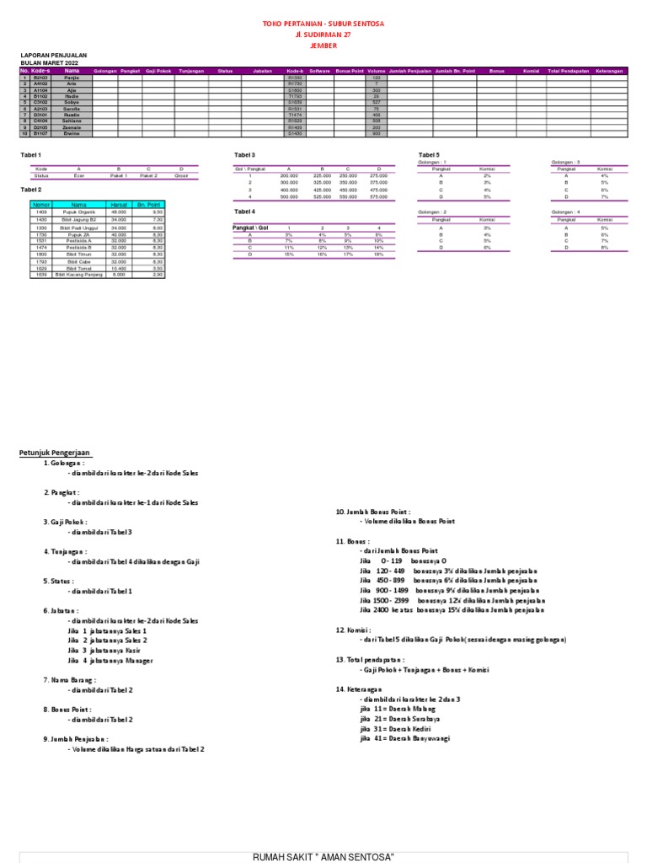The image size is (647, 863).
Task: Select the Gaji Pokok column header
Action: point(158,71)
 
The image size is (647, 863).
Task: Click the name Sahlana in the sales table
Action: point(72,121)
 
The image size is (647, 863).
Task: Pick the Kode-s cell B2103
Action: point(40,77)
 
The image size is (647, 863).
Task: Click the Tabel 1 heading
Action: point(30,156)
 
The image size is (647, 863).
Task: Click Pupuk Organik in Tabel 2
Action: point(78,212)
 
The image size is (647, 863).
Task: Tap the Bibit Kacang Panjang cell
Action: point(78,275)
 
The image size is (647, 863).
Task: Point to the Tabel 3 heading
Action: point(244,156)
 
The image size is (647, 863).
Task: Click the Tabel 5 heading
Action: point(430,156)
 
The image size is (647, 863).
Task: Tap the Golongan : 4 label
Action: point(565,212)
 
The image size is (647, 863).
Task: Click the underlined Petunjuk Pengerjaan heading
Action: point(55,453)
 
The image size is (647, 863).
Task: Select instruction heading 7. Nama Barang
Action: point(69,679)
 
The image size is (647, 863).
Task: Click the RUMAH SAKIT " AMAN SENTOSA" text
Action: point(323,856)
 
